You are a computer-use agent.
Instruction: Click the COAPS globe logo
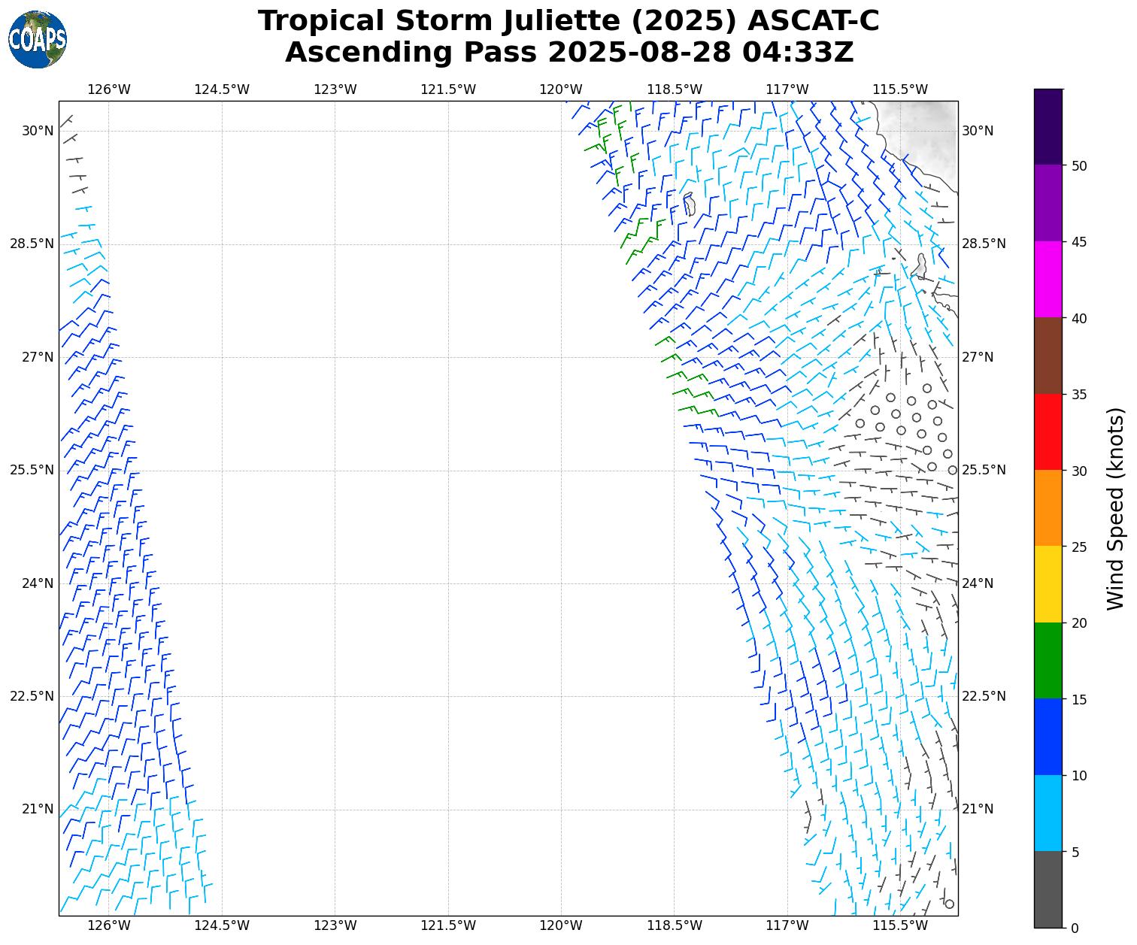coord(38,39)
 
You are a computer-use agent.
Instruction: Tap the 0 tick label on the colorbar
coord(1075,928)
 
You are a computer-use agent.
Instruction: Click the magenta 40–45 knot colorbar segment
coord(1048,280)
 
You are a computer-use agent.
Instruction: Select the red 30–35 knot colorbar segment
coord(1048,432)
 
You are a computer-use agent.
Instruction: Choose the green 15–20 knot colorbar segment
coord(1048,660)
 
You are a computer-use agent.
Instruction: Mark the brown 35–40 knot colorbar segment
coord(1048,356)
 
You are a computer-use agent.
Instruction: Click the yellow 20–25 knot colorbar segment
coord(1048,584)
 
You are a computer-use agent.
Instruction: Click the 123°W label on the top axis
coord(335,90)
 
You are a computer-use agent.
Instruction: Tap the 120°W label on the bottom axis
coord(561,925)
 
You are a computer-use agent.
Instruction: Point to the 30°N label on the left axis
coord(38,131)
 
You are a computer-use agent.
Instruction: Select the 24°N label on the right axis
coord(978,583)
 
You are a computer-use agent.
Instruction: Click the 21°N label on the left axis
coord(38,809)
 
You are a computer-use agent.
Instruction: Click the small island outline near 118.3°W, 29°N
coord(689,204)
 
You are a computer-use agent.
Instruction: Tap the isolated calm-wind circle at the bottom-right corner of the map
coord(949,904)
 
